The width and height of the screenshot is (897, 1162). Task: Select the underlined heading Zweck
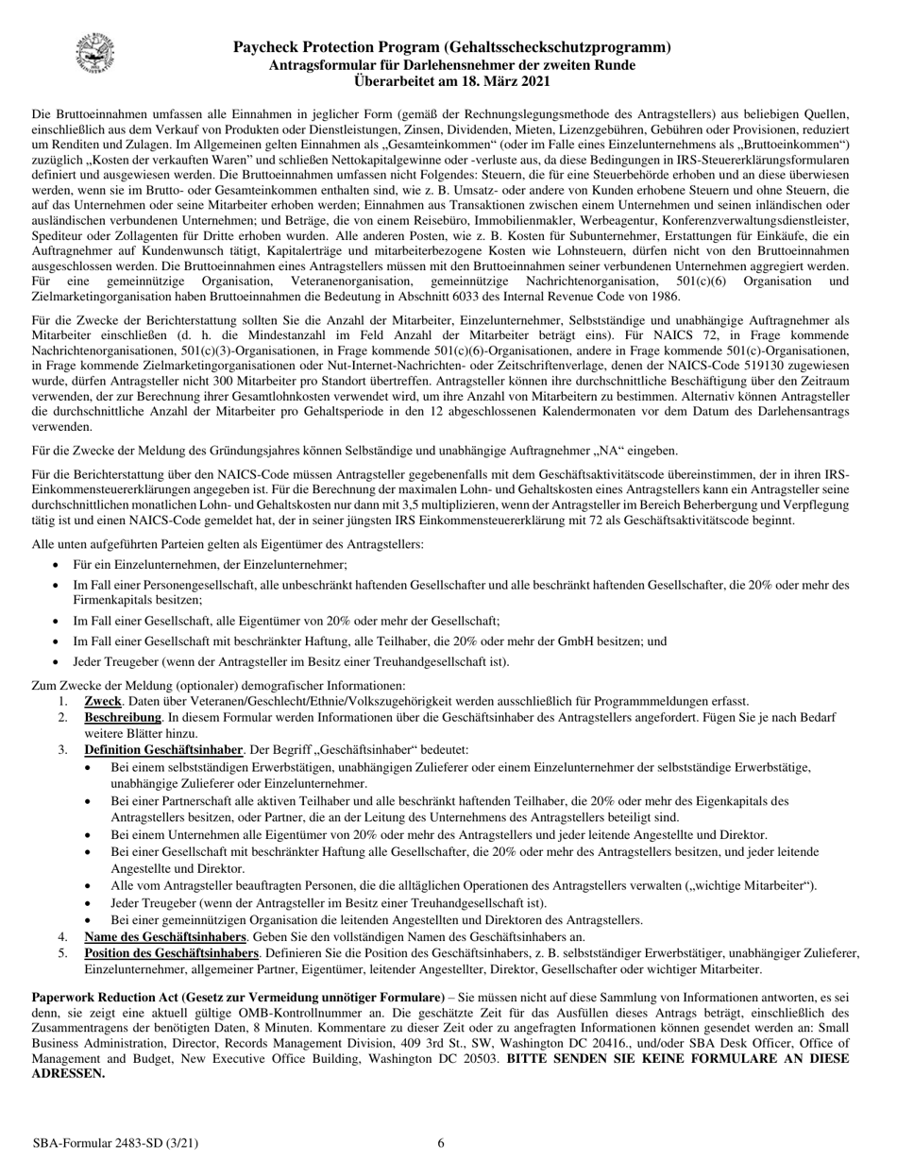103,701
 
